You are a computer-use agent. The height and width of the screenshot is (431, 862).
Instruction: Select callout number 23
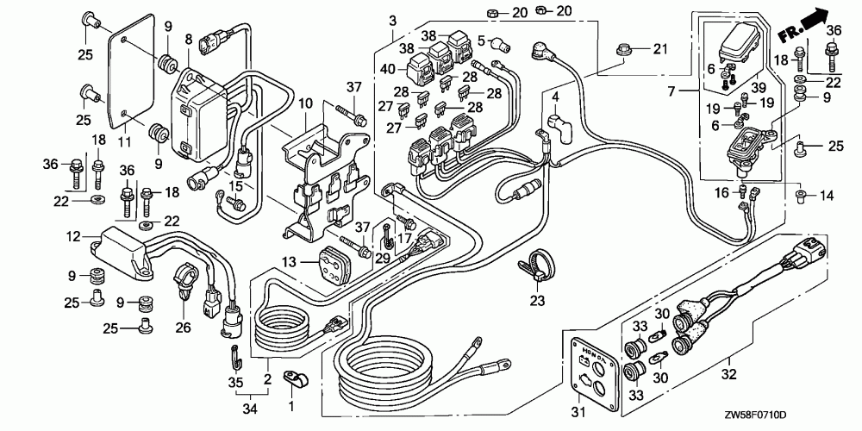click(x=537, y=302)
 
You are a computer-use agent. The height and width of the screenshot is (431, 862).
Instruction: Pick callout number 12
click(x=72, y=236)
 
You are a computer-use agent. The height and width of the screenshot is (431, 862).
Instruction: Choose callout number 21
click(x=660, y=47)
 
